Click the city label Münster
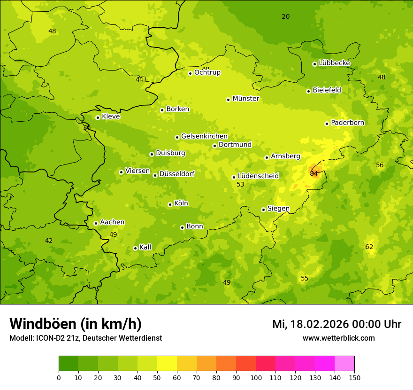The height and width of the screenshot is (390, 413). (x=245, y=99)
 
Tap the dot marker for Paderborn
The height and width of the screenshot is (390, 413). (x=327, y=124)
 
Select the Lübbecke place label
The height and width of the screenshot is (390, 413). (x=334, y=63)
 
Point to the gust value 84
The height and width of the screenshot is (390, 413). (x=314, y=173)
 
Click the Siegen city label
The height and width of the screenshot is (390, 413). (x=278, y=209)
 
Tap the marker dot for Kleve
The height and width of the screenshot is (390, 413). (x=98, y=117)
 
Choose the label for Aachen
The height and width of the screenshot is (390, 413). (x=112, y=222)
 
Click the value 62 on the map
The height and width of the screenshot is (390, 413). (x=369, y=247)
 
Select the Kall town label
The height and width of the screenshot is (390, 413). (x=145, y=247)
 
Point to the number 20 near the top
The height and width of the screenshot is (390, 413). (x=285, y=16)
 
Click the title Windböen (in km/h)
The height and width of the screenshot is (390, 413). (x=76, y=324)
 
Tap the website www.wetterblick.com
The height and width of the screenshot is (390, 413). (x=338, y=338)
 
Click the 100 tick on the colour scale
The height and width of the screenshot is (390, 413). (x=256, y=377)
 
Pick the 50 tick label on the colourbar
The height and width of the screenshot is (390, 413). (x=157, y=377)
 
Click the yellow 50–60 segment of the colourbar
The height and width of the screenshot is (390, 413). (x=167, y=364)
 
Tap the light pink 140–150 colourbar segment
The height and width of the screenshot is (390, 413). (x=344, y=364)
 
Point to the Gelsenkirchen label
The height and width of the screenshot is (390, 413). (x=204, y=136)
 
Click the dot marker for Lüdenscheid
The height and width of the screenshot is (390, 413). (x=234, y=177)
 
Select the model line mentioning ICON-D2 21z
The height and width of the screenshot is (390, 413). (x=85, y=338)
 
